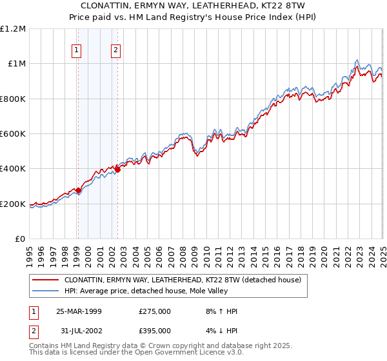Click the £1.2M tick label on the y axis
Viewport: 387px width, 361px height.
[x=13, y=29]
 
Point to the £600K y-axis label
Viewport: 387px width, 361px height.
[x=13, y=134]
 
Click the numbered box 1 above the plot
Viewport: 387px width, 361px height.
[x=77, y=50]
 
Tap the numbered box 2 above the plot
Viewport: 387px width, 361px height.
[x=115, y=50]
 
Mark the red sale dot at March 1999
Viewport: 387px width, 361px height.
[x=78, y=190]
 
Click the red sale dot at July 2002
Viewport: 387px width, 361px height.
[x=117, y=170]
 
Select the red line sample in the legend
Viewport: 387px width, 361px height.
[x=46, y=280]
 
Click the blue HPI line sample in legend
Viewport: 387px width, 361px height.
[x=46, y=291]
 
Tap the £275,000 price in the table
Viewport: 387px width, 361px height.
[x=155, y=311]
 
